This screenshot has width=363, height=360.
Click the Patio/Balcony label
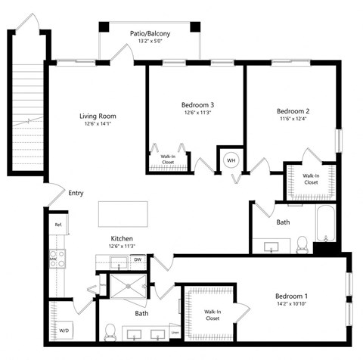(149, 33)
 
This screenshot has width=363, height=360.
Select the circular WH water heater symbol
(231, 161)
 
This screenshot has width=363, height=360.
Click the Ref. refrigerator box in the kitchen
(57, 225)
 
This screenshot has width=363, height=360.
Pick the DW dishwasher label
(137, 260)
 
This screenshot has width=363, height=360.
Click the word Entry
(76, 193)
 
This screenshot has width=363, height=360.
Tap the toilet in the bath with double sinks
(111, 331)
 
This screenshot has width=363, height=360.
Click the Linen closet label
(175, 332)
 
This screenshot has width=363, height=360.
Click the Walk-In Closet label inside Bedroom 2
(311, 179)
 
